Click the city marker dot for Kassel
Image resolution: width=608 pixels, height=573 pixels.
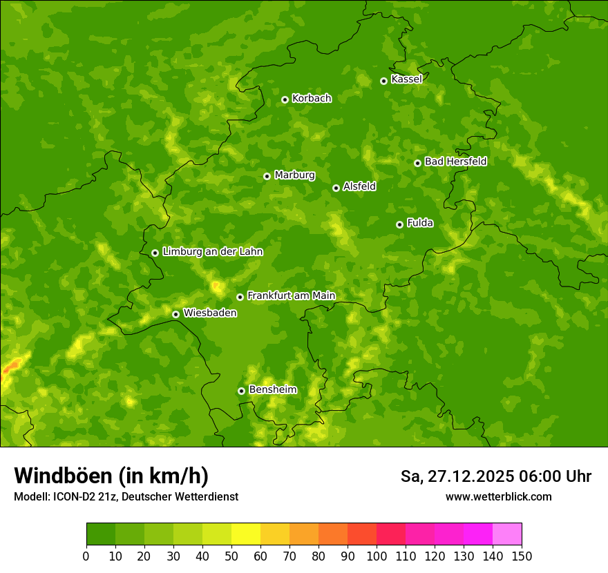[383, 81]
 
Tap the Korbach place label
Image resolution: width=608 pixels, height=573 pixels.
[312, 99]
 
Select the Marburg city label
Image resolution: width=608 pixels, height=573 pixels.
[294, 175]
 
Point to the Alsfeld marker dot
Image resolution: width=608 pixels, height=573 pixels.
[336, 188]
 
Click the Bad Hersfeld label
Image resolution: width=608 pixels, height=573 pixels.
[455, 162]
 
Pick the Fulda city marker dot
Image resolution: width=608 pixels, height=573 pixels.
[399, 224]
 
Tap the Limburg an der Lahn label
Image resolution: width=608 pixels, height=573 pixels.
[212, 252]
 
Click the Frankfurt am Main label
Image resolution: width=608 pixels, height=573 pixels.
[291, 295]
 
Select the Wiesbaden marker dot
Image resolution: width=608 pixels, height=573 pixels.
[175, 314]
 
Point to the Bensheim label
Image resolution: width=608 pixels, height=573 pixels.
[272, 389]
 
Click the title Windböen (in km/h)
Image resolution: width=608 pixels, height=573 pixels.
[111, 476]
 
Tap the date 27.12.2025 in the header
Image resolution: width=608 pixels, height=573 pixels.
[469, 476]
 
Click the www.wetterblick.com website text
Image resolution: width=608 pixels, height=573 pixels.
[498, 496]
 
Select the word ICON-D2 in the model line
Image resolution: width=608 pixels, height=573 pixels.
[70, 497]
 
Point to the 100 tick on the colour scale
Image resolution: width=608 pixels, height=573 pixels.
[377, 556]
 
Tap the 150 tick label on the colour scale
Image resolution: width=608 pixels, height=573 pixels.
[522, 556]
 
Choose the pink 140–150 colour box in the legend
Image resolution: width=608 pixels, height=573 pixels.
[507, 534]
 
